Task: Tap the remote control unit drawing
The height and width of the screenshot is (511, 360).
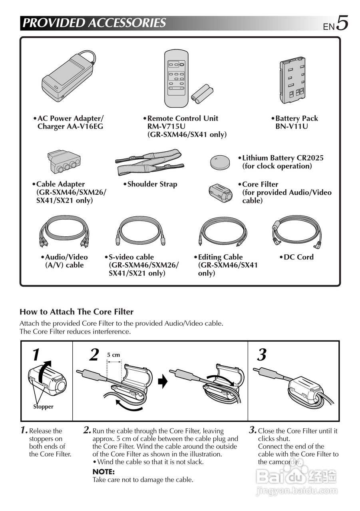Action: point(176,78)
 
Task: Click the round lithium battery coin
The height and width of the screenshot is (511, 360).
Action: point(220,161)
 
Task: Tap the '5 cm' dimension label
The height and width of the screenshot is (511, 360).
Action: point(113,355)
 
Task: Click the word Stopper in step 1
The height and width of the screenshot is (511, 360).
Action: point(43,407)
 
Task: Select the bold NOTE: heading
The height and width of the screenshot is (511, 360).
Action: point(103,471)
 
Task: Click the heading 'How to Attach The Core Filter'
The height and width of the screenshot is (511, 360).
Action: point(76,312)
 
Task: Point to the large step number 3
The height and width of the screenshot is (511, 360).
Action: point(262,355)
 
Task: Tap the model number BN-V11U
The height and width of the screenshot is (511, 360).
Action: point(292,127)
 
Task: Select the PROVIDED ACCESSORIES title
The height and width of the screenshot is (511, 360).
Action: point(94,23)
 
